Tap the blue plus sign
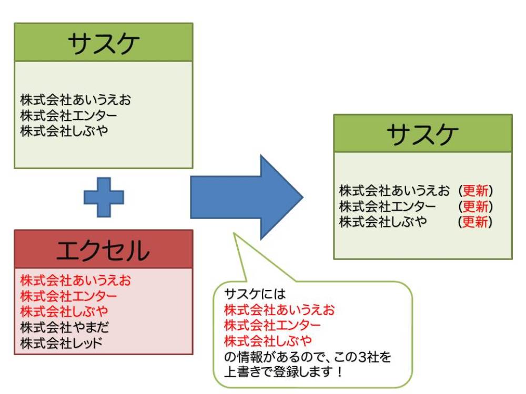coord(104,197)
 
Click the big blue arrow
coord(246,197)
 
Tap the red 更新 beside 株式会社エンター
coord(476,206)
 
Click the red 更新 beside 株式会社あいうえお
coord(476,190)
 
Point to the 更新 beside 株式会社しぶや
coord(476,222)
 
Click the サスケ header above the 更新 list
coord(422,133)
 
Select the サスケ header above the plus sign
coord(103,43)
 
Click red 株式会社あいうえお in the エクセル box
coord(75,279)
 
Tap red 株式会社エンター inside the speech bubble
coord(272,324)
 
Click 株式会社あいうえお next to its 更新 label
coord(394,190)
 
